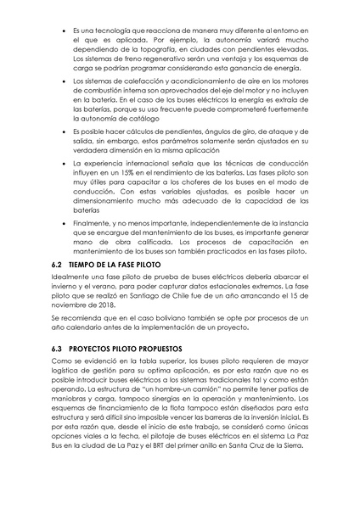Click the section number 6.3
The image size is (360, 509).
[60, 349]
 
